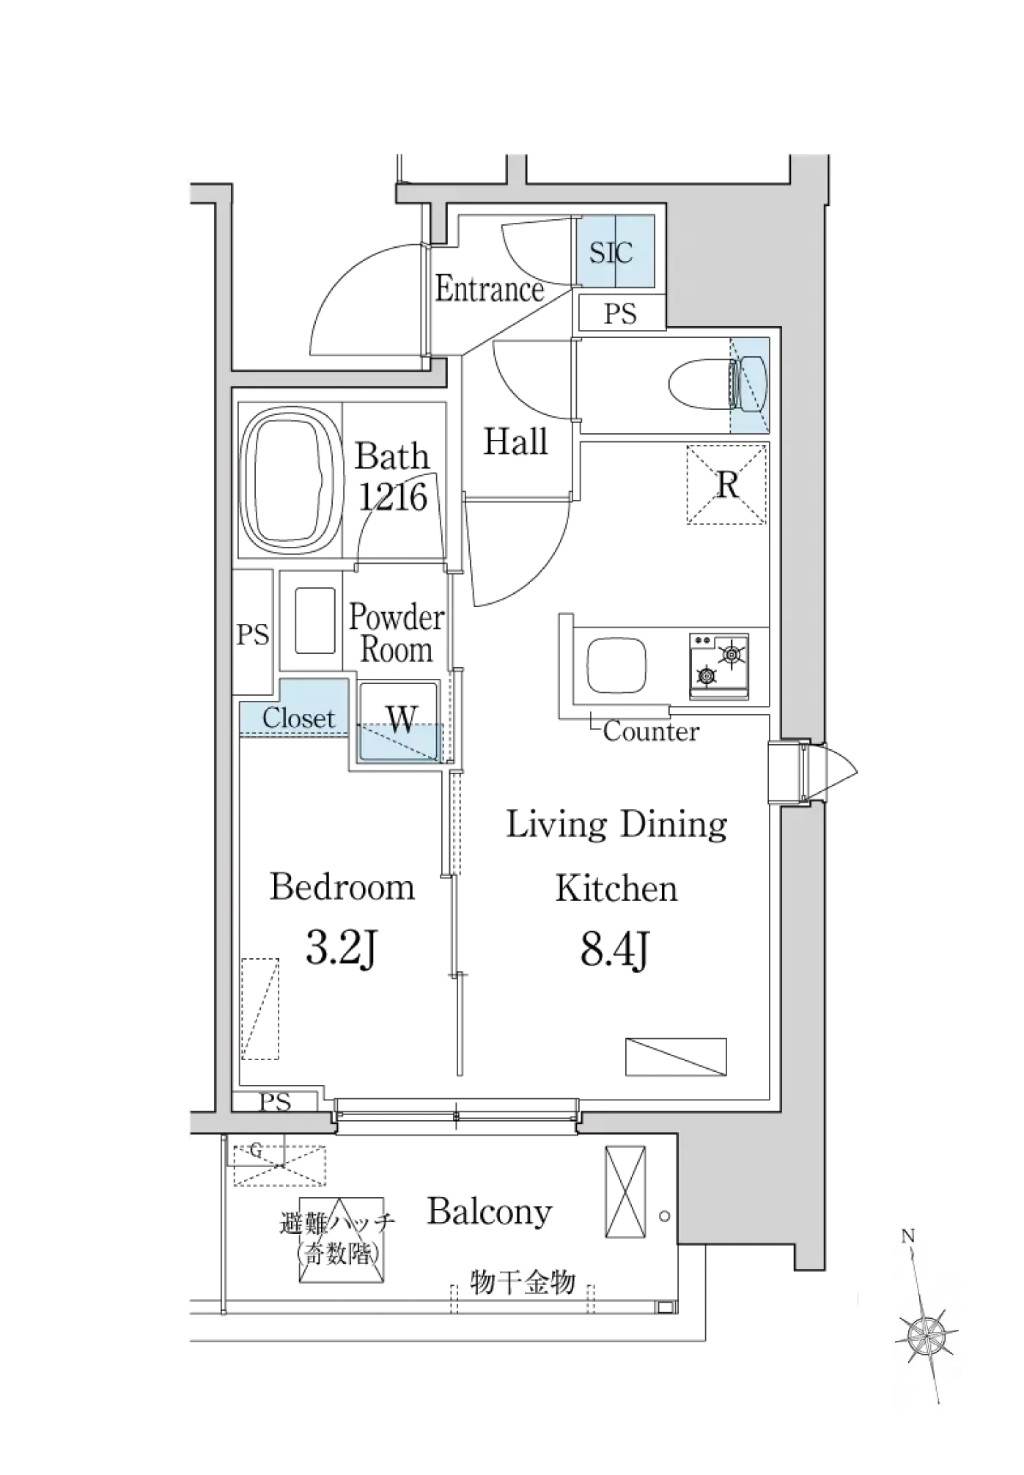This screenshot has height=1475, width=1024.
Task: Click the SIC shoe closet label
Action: [x=611, y=253]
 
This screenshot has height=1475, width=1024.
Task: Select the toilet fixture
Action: [x=718, y=383]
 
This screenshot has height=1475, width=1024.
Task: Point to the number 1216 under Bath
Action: [x=393, y=497]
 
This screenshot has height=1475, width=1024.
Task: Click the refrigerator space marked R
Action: [x=727, y=485]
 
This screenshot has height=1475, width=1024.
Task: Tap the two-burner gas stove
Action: [x=719, y=666]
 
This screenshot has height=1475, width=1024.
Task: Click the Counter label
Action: [x=651, y=731]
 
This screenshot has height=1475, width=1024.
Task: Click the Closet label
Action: [x=298, y=718]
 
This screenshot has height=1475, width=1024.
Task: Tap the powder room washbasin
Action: [x=315, y=619]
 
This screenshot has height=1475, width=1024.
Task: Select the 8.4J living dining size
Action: [x=615, y=950]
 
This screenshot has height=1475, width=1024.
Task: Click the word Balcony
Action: [x=490, y=1211]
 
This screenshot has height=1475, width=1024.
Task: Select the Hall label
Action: [x=515, y=442]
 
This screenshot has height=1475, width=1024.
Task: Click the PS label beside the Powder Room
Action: [x=253, y=634]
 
